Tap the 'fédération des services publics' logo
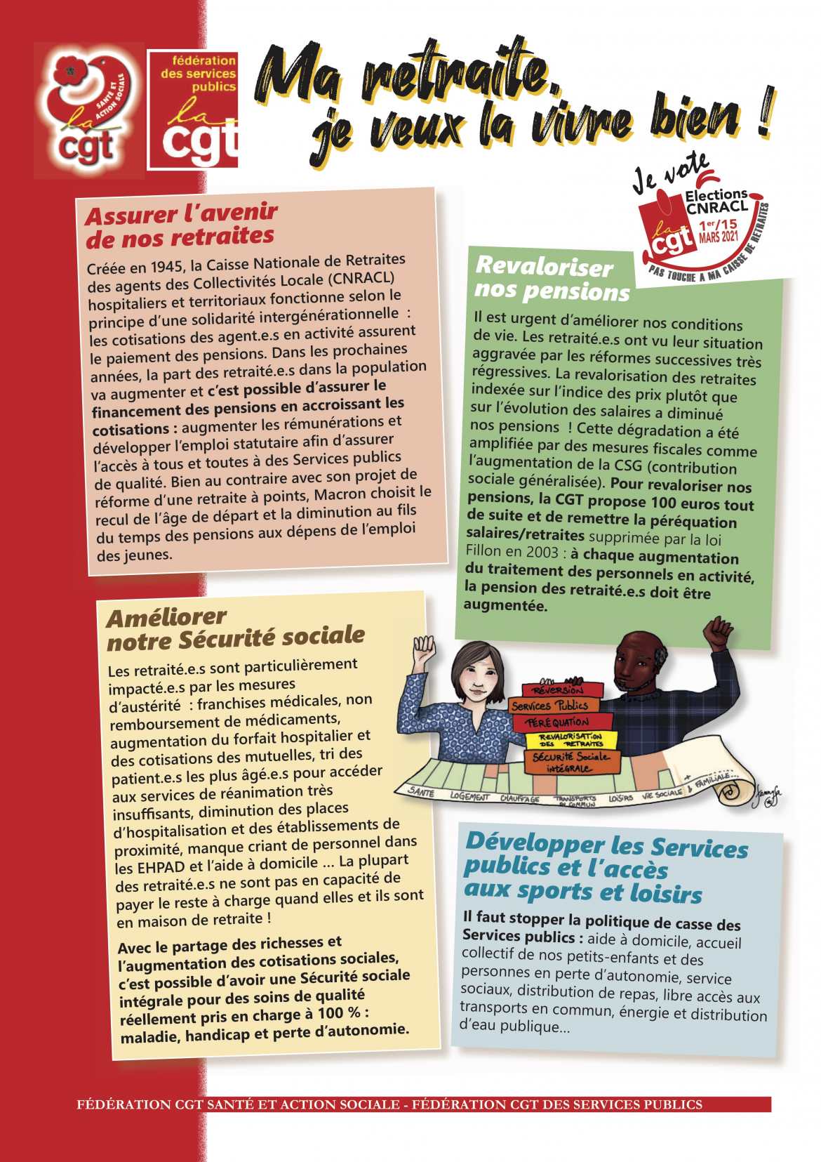click(x=192, y=109)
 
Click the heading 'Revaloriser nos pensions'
click(x=552, y=278)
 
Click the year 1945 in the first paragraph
click(x=158, y=268)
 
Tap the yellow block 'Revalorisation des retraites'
click(x=570, y=739)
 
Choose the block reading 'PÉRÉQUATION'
click(x=559, y=722)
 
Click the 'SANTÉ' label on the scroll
click(x=421, y=792)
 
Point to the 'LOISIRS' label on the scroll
click(x=620, y=798)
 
